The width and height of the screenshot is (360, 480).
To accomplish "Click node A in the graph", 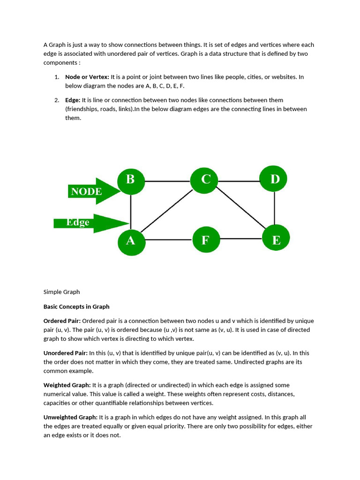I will [x=131, y=240].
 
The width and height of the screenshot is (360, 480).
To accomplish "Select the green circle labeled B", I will [x=131, y=180].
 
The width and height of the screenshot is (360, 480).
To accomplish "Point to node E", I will [x=276, y=240].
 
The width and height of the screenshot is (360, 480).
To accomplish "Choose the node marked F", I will [x=205, y=240].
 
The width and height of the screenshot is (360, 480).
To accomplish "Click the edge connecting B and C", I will [x=168, y=181].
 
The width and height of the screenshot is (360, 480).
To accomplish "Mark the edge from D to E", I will [x=275, y=209].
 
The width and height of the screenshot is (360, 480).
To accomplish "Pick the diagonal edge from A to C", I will [x=166, y=211].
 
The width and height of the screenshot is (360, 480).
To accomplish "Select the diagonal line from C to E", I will [x=239, y=209].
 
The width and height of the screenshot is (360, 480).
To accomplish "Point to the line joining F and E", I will [x=240, y=239].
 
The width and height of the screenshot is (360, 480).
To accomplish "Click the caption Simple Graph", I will [x=62, y=292].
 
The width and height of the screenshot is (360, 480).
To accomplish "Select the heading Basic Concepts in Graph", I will [x=76, y=307].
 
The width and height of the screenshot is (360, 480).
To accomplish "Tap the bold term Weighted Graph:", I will [x=67, y=385].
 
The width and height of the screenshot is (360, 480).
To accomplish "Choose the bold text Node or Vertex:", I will [x=87, y=77].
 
